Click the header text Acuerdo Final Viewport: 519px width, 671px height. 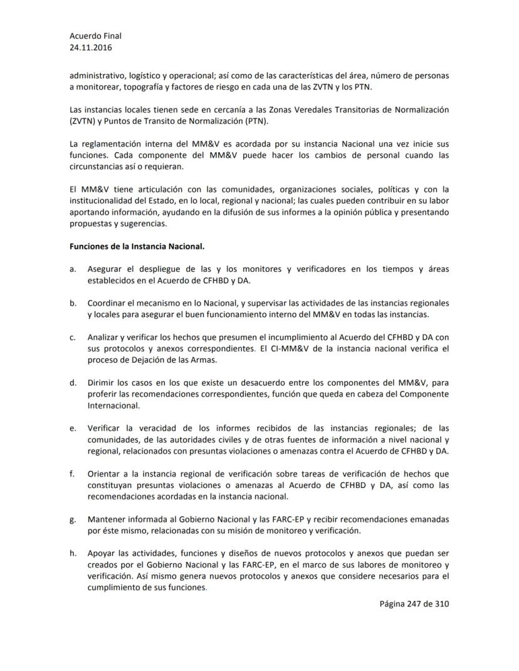coord(95,36)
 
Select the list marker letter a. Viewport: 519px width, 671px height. coord(73,269)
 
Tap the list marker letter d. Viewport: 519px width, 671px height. coord(73,383)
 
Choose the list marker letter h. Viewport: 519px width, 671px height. coord(73,553)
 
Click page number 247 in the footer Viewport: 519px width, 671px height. coord(417,605)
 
